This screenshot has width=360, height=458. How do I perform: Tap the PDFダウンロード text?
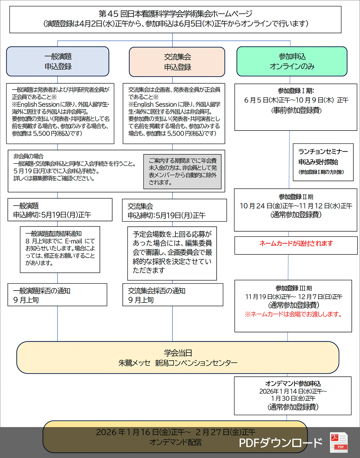pyautogui.click(x=280, y=443)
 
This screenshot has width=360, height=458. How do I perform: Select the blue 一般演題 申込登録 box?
pyautogui.click(x=58, y=62)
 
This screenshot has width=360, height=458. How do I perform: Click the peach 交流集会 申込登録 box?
pyautogui.click(x=177, y=62)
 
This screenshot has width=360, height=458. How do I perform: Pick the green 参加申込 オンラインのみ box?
pyautogui.click(x=292, y=62)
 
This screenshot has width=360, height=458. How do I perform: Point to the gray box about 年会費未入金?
pyautogui.click(x=183, y=171)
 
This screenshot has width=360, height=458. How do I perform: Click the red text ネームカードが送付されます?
pyautogui.click(x=296, y=244)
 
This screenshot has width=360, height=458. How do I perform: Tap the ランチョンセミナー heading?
pyautogui.click(x=323, y=152)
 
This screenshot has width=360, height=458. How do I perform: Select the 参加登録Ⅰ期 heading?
pyautogui.click(x=296, y=91)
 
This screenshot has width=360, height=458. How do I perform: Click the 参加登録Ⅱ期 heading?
pyautogui.click(x=296, y=197)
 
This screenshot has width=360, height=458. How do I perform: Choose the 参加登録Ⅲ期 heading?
pyautogui.click(x=294, y=288)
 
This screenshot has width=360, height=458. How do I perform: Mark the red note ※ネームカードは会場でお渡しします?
pyautogui.click(x=294, y=314)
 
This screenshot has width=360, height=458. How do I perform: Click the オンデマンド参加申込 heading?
pyautogui.click(x=293, y=384)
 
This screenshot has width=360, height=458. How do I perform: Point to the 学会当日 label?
pyautogui.click(x=178, y=353)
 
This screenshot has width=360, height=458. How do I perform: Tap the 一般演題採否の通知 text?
pyautogui.click(x=42, y=291)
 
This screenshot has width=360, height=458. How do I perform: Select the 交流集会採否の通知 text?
pyautogui.click(x=157, y=291)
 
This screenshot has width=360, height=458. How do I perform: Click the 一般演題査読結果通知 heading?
pyautogui.click(x=54, y=234)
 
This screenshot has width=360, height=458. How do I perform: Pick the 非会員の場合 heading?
pyautogui.click(x=29, y=156)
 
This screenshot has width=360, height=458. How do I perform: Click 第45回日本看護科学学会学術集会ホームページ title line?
pyautogui.click(x=175, y=14)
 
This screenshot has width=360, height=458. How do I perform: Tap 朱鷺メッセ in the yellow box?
pyautogui.click(x=134, y=363)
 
